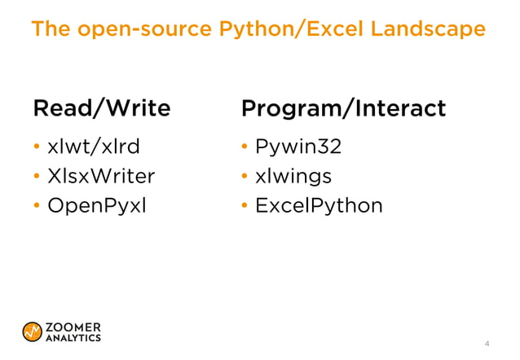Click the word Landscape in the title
point(427,30)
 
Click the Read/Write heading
point(101,108)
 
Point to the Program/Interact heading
point(343,108)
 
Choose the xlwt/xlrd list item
point(94,147)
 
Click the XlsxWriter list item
point(101,176)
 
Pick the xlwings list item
point(293,176)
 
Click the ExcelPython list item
point(319,205)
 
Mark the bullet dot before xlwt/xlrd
point(37,148)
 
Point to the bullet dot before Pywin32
point(245,148)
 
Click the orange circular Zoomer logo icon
point(33,331)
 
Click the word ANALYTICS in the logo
point(73,337)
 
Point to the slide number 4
point(487,343)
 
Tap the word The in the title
point(50,30)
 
